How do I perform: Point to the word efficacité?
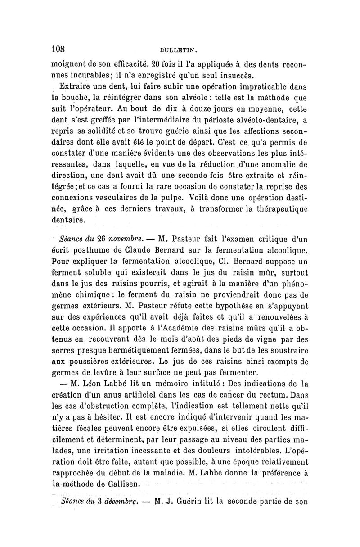(x=136, y=65)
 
